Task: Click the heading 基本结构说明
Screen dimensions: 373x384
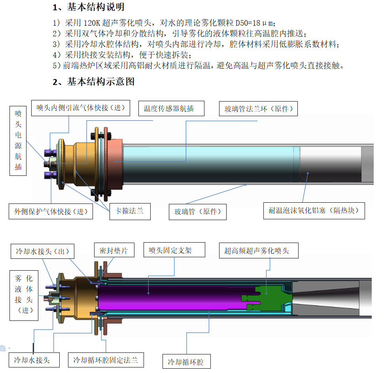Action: pos(95,7)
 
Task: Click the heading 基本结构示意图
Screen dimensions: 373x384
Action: pos(100,82)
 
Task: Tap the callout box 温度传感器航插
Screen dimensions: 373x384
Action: pos(171,108)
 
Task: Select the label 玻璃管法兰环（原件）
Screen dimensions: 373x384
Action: pos(258,109)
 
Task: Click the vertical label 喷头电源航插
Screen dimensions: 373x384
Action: pos(18,140)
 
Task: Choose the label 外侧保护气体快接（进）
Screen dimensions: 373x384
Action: pos(51,211)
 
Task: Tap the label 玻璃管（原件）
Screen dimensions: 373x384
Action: pos(198,211)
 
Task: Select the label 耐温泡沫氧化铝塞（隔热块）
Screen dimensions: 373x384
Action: pos(314,211)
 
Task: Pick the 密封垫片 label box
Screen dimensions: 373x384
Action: pos(114,251)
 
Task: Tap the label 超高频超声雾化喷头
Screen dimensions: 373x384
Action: pos(259,251)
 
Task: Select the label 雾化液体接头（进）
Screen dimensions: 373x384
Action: pos(24,295)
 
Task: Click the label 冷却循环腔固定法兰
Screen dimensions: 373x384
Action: pos(106,360)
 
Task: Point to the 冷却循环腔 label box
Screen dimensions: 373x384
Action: pos(186,362)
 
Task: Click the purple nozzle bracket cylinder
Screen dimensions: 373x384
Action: pos(170,298)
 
